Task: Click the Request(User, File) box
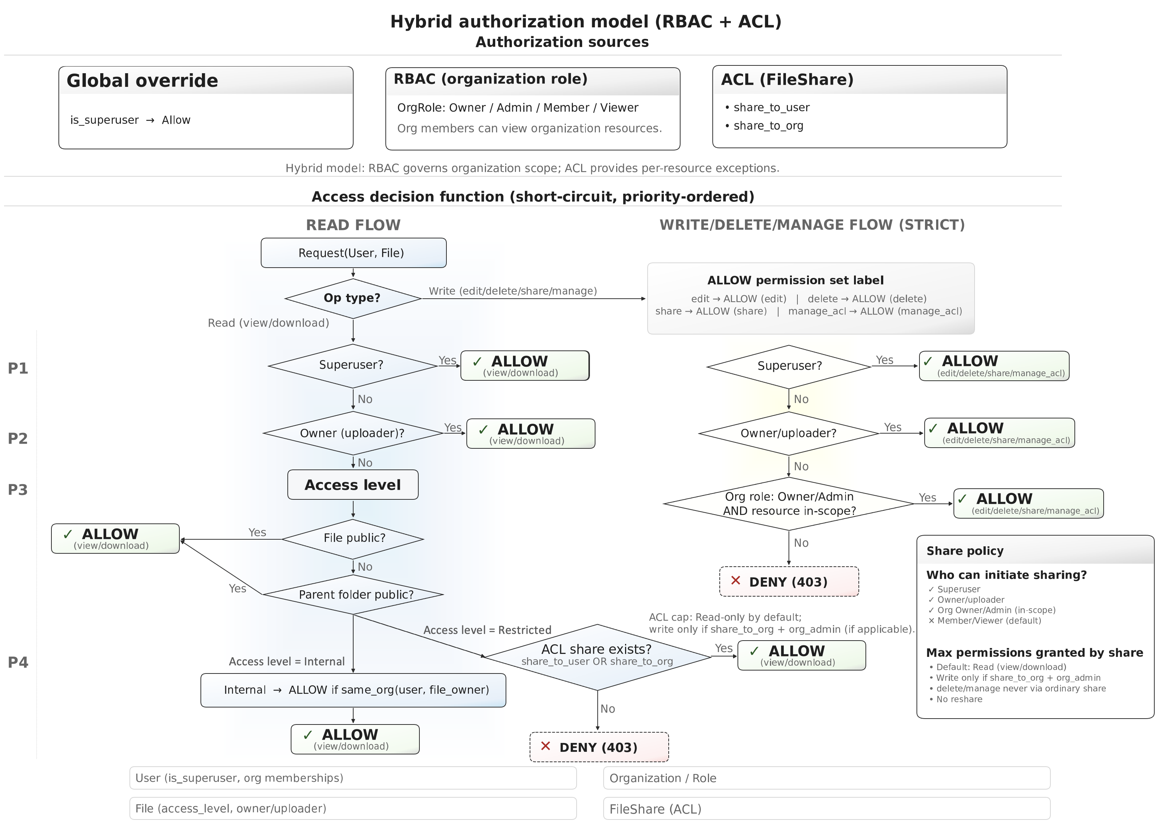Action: click(353, 253)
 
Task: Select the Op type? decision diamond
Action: click(352, 298)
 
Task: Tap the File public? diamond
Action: click(353, 539)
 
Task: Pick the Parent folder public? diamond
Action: click(353, 594)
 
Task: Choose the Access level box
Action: click(352, 485)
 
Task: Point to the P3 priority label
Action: click(18, 490)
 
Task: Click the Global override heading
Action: click(142, 81)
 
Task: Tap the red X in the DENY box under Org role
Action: click(736, 581)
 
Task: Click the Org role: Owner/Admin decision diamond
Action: click(789, 504)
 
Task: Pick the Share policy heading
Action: click(965, 551)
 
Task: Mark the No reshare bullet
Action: click(959, 699)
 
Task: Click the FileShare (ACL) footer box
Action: click(826, 809)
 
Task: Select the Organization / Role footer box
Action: click(826, 778)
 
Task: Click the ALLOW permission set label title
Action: click(795, 281)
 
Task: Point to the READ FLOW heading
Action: click(353, 225)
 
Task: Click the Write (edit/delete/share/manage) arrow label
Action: click(513, 291)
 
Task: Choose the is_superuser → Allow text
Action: click(130, 121)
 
